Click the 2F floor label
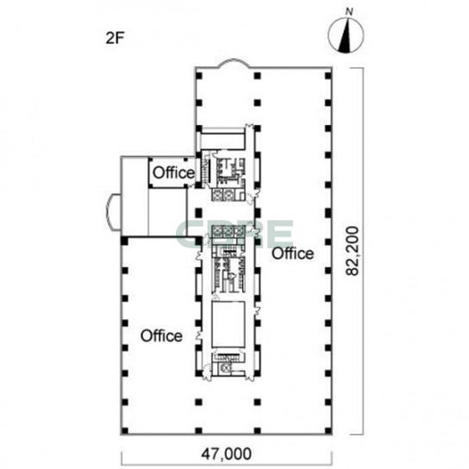pyautogui.click(x=115, y=38)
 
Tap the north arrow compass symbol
pyautogui.click(x=346, y=35)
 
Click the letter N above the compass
pyautogui.click(x=349, y=12)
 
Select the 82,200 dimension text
pyautogui.click(x=352, y=251)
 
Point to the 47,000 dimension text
pyautogui.click(x=226, y=454)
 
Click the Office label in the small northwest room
pyautogui.click(x=173, y=172)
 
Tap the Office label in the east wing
pyautogui.click(x=293, y=253)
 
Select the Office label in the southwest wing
pyautogui.click(x=161, y=336)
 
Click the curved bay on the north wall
pyautogui.click(x=234, y=61)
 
